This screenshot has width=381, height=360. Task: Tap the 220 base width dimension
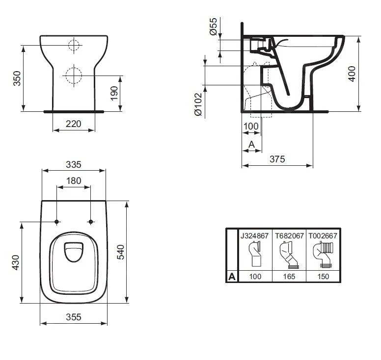[x=73, y=124]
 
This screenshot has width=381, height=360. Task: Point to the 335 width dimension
[x=74, y=164]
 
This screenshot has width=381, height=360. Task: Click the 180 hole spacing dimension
[x=74, y=180]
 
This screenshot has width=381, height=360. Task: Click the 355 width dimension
[x=74, y=317]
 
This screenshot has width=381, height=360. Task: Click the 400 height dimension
[x=352, y=73]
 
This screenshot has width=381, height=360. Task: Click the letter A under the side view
[x=251, y=144]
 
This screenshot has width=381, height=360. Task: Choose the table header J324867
[x=254, y=235]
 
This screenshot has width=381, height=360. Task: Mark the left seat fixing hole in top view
[x=57, y=222]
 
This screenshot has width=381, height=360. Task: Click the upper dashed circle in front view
[x=73, y=46]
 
